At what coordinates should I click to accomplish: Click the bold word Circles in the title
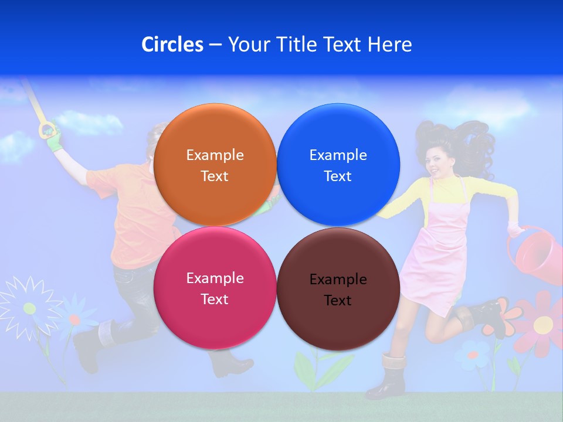click(172, 45)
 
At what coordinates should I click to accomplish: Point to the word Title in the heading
click(297, 45)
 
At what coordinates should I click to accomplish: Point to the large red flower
click(542, 322)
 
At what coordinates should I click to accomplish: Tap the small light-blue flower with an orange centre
click(473, 355)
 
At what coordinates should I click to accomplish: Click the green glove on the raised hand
click(54, 138)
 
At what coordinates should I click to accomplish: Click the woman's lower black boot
click(387, 378)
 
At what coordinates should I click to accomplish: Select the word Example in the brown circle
click(338, 280)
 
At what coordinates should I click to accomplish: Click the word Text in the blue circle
click(338, 176)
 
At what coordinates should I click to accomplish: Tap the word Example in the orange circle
click(215, 155)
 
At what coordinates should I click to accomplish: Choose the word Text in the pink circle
click(215, 300)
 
